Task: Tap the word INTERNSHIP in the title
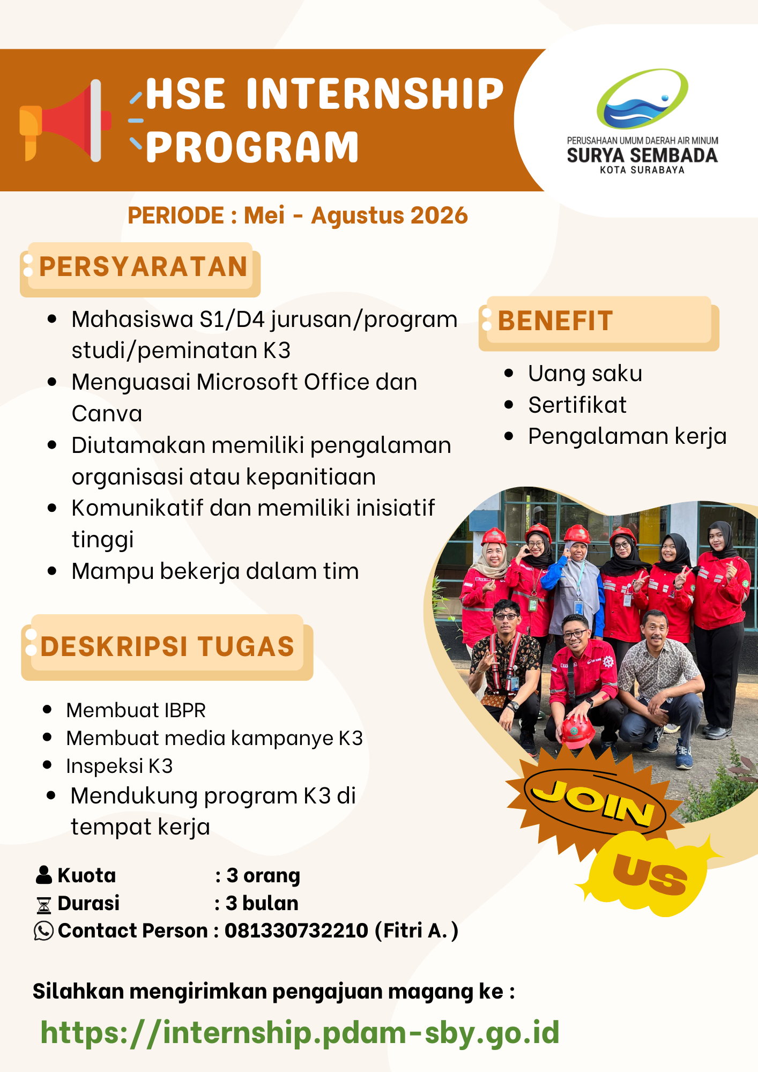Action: pyautogui.click(x=375, y=94)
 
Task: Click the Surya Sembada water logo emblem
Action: pyautogui.click(x=642, y=99)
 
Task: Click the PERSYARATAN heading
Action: pyautogui.click(x=143, y=267)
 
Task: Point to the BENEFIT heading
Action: pyautogui.click(x=555, y=321)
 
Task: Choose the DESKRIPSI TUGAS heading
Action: pyautogui.click(x=167, y=646)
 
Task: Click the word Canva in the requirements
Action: pyautogui.click(x=107, y=414)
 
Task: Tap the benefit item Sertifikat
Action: pyautogui.click(x=577, y=405)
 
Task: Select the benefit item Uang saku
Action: pyautogui.click(x=585, y=374)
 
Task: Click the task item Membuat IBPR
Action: pyautogui.click(x=136, y=710)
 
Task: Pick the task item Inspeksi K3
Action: pyautogui.click(x=120, y=766)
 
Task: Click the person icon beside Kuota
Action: pyautogui.click(x=43, y=875)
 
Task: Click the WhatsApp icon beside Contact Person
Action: pyautogui.click(x=43, y=931)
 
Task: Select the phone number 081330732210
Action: pyautogui.click(x=296, y=931)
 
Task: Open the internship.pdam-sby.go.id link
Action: pyautogui.click(x=300, y=1032)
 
